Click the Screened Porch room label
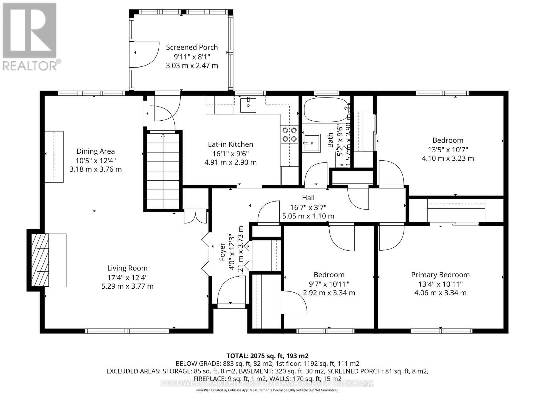click(192, 47)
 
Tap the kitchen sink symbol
click(248, 105)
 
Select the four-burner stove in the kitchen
click(289, 134)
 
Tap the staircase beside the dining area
click(163, 170)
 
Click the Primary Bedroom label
click(440, 275)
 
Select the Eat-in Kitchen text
click(230, 144)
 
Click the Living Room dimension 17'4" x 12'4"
click(127, 277)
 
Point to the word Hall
click(308, 198)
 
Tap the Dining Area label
click(95, 151)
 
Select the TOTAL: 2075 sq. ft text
click(267, 356)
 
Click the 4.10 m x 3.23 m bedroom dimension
click(448, 158)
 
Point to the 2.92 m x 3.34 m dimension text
click(329, 293)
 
